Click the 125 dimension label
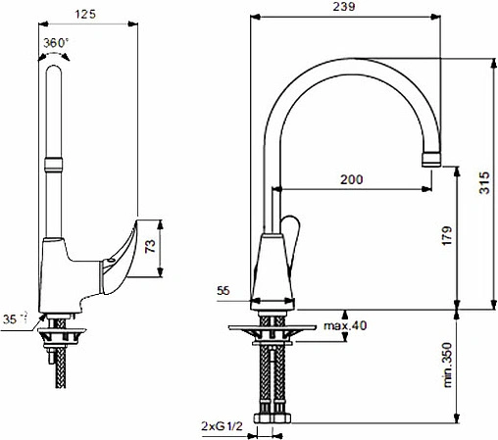tap(85, 15)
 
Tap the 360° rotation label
tap(56, 43)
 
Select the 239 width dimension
tap(344, 7)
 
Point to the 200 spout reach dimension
tap(352, 179)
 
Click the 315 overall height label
tap(484, 183)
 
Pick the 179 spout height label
tap(447, 236)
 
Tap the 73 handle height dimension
tap(150, 246)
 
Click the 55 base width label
tap(224, 290)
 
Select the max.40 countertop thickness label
tap(345, 325)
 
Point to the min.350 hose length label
tap(447, 365)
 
